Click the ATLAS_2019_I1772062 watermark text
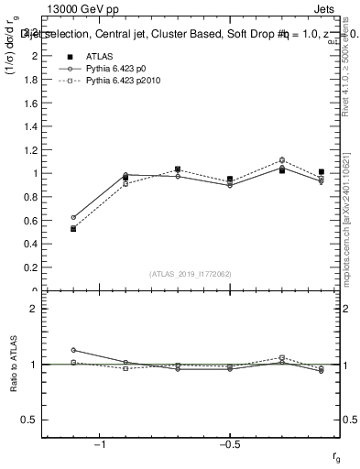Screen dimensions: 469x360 (191, 274)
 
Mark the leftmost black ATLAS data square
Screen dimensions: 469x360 (73, 228)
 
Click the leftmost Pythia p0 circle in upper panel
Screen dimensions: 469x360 (73, 217)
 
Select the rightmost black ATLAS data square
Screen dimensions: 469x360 (321, 171)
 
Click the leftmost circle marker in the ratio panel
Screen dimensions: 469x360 (73, 350)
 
